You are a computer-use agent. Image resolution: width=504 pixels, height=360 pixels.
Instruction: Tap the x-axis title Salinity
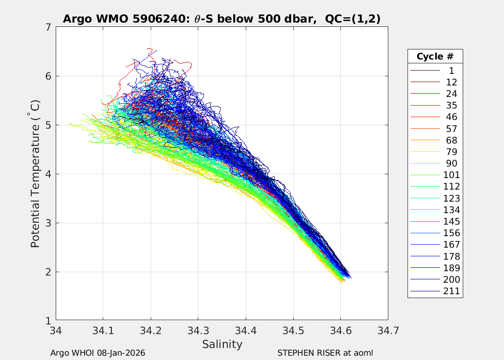tap(222, 344)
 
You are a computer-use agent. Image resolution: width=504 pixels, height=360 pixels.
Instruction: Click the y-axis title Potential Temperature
tap(35, 174)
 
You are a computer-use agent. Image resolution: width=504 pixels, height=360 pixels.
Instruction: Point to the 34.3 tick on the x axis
tap(198, 330)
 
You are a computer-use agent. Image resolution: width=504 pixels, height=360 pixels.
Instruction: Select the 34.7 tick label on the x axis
tap(387, 330)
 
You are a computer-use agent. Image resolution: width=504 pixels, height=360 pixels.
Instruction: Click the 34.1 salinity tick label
tap(103, 330)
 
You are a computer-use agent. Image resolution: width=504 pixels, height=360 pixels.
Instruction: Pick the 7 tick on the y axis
tap(48, 27)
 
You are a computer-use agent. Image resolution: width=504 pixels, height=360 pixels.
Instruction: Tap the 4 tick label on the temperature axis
tap(48, 174)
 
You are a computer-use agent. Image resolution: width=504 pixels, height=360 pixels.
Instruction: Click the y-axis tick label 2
tap(48, 272)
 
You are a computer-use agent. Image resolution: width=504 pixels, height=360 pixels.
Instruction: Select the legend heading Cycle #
tap(435, 56)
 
